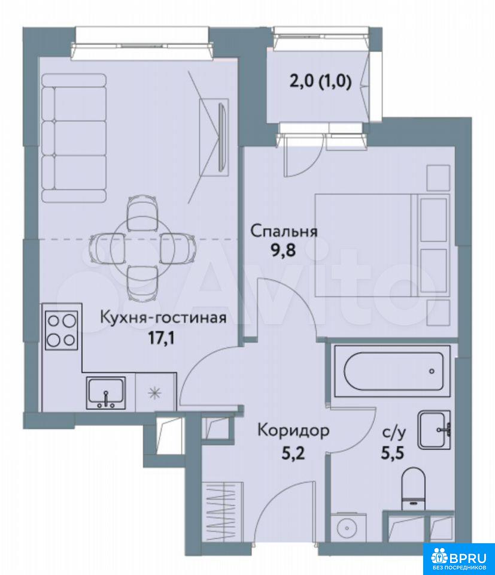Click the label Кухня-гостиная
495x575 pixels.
click(163, 317)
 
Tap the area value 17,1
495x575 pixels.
click(162, 338)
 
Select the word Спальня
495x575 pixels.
click(284, 231)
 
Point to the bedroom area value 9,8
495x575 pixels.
click(283, 252)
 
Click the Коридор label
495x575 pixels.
click(293, 431)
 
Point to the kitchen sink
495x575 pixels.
click(106, 393)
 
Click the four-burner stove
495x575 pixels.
click(62, 330)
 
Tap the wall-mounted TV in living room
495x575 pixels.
click(221, 138)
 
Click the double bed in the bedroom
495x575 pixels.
click(382, 245)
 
